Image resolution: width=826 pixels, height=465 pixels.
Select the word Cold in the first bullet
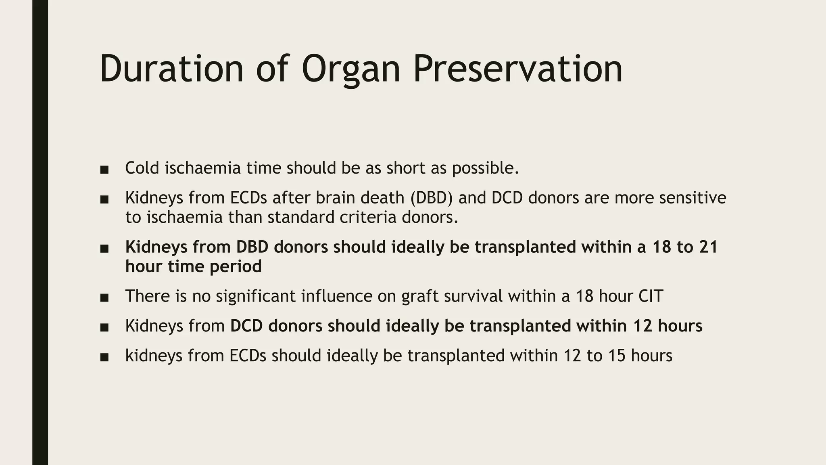click(x=142, y=168)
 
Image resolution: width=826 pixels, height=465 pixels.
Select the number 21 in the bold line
click(x=709, y=247)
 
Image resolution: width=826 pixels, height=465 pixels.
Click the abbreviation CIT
click(x=651, y=296)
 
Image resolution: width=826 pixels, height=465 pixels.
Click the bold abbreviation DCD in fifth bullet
click(x=246, y=326)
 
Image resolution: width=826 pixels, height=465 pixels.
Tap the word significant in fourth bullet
click(x=255, y=297)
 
